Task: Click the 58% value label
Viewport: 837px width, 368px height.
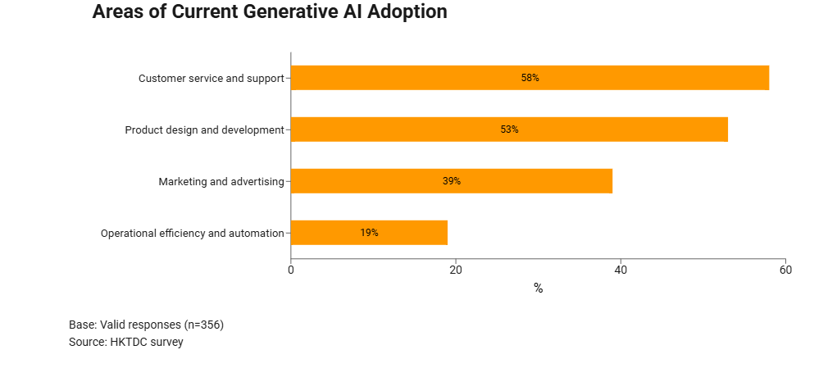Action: tap(530, 78)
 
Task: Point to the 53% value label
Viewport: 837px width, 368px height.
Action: tap(509, 129)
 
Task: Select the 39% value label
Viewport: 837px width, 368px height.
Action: tap(452, 181)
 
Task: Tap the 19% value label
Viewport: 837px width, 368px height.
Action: tap(369, 233)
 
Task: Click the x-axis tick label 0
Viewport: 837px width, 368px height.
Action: tap(291, 270)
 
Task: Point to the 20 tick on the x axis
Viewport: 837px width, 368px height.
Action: tap(456, 270)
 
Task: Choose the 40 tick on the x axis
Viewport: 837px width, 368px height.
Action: tap(621, 270)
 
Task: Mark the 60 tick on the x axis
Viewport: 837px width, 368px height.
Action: tap(785, 270)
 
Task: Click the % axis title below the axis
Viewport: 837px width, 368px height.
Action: tap(538, 288)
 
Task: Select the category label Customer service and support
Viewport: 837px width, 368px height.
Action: tap(211, 79)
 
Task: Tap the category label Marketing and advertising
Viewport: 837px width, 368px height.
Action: tap(221, 182)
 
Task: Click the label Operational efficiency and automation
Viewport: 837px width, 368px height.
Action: tap(192, 234)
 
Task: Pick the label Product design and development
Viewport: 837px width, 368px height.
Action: tap(204, 130)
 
